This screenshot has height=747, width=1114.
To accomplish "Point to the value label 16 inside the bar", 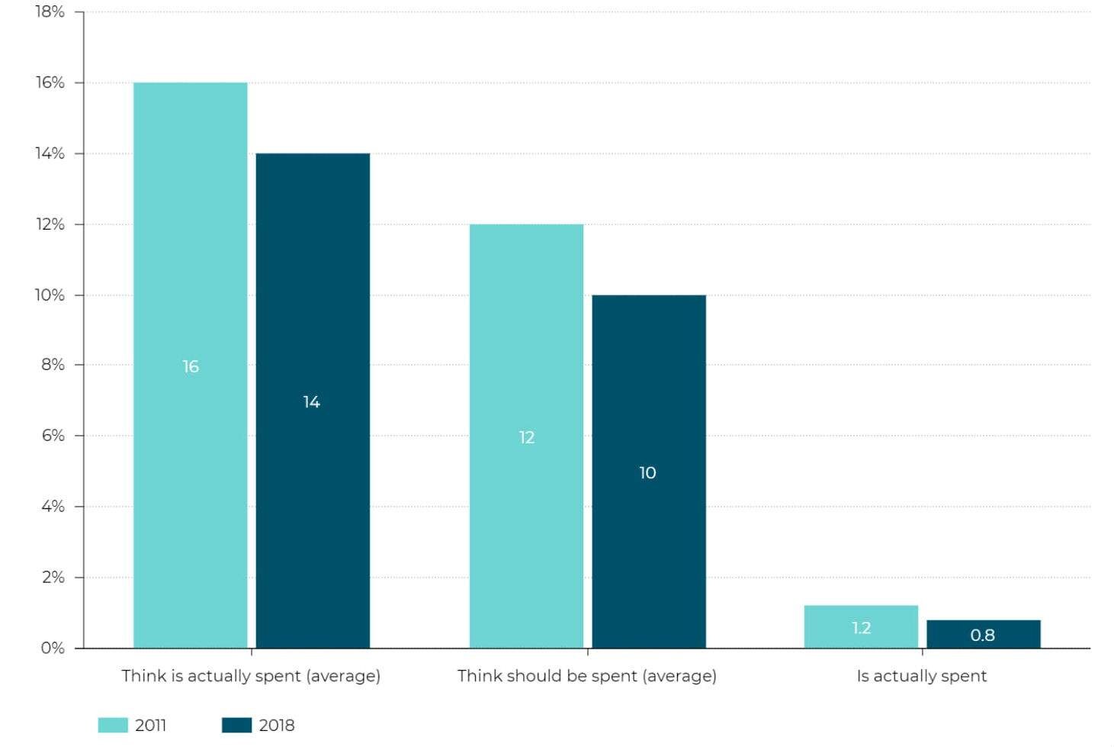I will [x=191, y=367].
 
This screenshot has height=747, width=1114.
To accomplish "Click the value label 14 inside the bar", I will [x=312, y=402].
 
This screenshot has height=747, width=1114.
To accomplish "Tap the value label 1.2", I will [x=861, y=628].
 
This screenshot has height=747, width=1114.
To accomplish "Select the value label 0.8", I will [x=983, y=635].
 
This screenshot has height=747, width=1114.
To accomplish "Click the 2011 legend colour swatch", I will [x=113, y=725].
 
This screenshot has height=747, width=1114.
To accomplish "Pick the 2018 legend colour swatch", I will [x=236, y=725].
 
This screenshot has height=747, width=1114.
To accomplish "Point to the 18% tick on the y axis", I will [x=50, y=12].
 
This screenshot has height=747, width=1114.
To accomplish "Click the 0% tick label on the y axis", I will [x=53, y=648].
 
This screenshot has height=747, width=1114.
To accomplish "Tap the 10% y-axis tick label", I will [x=50, y=295].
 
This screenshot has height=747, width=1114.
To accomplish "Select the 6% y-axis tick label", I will [x=53, y=436].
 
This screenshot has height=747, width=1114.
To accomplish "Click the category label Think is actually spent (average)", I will [x=251, y=676].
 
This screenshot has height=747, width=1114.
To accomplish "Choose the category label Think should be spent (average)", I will [x=587, y=676].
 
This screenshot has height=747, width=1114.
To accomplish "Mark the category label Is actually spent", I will [x=922, y=676].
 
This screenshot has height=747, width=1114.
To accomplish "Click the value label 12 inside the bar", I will [x=527, y=437].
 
